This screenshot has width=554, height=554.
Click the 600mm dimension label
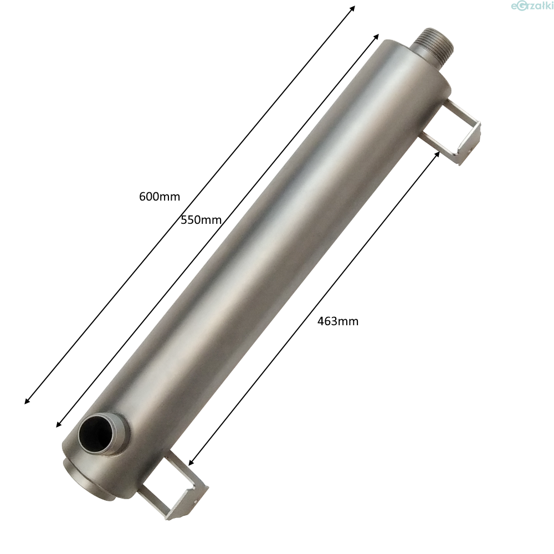point(160,197)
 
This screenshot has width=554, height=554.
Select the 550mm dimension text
point(201,220)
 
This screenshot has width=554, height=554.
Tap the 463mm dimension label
point(338,321)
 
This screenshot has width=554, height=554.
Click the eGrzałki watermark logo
point(532,6)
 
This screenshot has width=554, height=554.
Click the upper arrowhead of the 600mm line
point(352,8)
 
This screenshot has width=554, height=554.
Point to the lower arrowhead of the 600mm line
point(27,401)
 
